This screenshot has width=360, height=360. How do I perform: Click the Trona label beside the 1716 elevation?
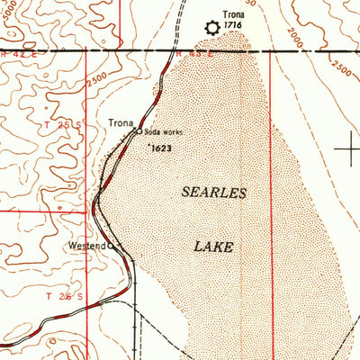point(233,15)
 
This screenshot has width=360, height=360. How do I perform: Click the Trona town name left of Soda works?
point(121,122)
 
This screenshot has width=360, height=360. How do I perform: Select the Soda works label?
point(162,132)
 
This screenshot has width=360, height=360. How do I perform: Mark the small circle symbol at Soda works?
point(139,131)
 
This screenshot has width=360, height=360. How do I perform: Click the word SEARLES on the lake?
point(213,193)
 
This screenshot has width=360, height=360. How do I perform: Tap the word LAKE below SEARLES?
point(214,246)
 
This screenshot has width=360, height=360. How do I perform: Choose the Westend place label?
point(86,245)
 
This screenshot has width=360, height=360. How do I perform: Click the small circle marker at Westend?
point(111,245)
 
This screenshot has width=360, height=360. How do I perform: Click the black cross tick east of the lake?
point(349,148)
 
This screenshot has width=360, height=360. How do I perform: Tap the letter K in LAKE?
point(220,246)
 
